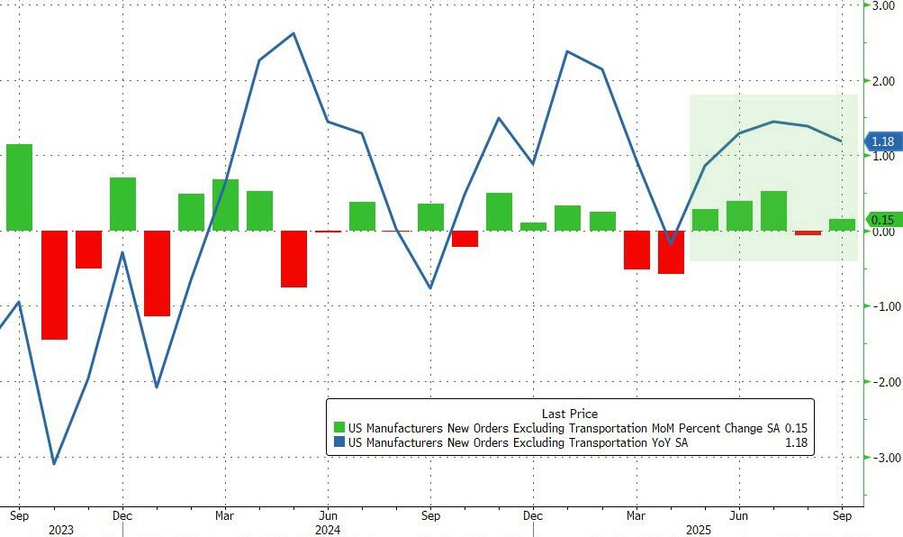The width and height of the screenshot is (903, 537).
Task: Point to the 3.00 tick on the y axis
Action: coord(882,5)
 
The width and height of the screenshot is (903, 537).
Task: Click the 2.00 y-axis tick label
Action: coord(882,81)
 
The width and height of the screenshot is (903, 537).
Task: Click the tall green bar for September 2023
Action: coord(19,187)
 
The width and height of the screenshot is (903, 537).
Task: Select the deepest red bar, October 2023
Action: coord(54,285)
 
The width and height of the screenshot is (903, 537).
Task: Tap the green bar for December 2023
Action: coord(122,204)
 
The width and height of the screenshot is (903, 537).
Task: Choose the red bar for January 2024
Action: coord(157,273)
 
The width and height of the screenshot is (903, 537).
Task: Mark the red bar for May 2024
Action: coord(293,259)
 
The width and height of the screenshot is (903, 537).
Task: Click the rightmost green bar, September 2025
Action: coord(842,224)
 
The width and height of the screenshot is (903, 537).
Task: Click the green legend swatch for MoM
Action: coord(339,427)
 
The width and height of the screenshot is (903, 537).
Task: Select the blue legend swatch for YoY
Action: coord(339,442)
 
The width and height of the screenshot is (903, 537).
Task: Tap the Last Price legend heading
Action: coord(569,414)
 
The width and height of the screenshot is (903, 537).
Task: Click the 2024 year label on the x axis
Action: coord(328,531)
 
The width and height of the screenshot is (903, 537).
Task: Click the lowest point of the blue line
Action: coord(54,464)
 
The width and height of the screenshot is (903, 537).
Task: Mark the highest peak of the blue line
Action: coord(294,33)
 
